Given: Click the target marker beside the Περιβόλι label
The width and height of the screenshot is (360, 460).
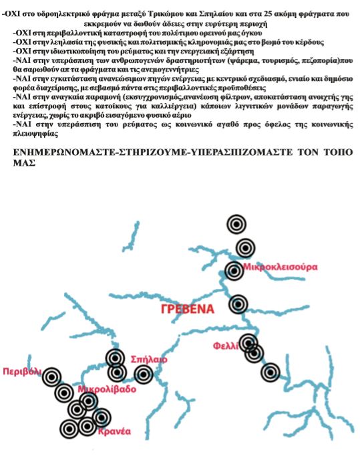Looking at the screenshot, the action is tap(51, 378).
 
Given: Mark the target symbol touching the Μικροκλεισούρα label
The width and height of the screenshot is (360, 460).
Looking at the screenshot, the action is tap(234, 271).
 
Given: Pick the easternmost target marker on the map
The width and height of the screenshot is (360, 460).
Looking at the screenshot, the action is tap(271, 372).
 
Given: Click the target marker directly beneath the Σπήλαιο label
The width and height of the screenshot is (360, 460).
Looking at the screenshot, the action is tap(143, 374).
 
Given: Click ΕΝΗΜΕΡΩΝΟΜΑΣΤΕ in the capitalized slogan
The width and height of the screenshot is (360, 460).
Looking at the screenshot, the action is tap(69, 152).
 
